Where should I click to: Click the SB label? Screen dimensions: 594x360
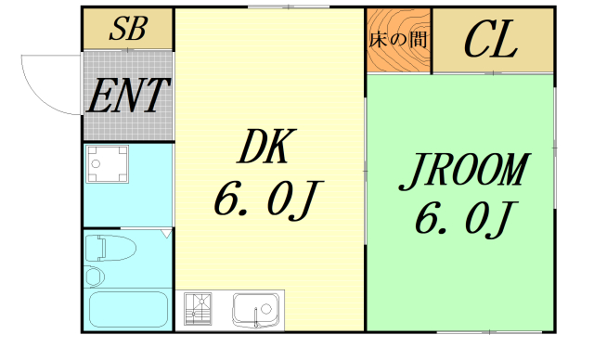[128, 29]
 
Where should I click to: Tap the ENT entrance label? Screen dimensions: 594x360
[129, 95]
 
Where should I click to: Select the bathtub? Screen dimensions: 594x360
[127, 310]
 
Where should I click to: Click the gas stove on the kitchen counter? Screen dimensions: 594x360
[200, 308]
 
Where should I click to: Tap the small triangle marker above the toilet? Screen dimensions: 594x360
[166, 234]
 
